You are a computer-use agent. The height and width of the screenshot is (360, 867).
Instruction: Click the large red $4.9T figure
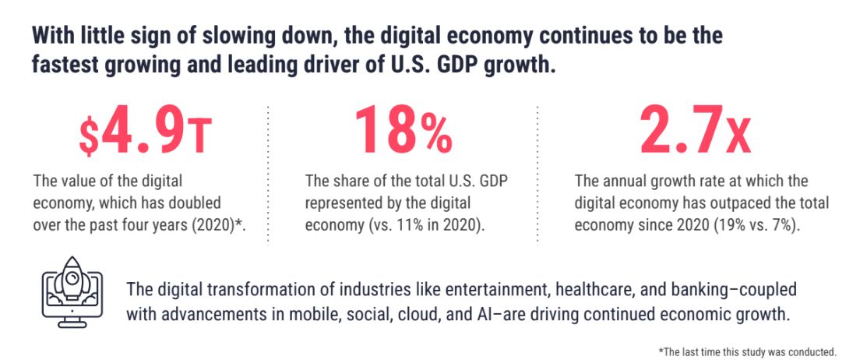click(145, 134)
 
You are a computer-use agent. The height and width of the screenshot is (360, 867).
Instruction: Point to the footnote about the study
click(747, 351)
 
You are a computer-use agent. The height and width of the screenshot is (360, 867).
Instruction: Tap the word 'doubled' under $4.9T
click(234, 203)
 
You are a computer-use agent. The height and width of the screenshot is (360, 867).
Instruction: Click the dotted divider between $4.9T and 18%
click(269, 175)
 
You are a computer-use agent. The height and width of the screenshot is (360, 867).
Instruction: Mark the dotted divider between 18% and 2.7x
click(537, 175)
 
